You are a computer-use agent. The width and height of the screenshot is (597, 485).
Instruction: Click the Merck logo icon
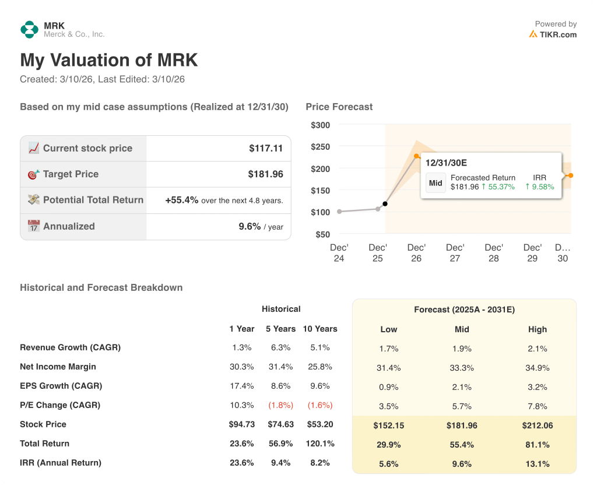[x=29, y=30]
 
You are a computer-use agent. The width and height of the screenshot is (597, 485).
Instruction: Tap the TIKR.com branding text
[x=557, y=34]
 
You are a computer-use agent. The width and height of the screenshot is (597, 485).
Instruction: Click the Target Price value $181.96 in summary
[x=265, y=174]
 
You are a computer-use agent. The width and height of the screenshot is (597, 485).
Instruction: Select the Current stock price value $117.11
[x=265, y=149]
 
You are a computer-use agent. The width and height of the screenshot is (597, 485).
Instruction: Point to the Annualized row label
[x=69, y=226]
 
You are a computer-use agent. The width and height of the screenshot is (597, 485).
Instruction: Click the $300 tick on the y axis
[x=320, y=125]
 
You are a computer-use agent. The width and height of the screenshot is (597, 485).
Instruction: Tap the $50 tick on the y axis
[x=322, y=234]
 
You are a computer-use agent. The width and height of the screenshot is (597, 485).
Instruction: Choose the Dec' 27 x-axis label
[x=455, y=253]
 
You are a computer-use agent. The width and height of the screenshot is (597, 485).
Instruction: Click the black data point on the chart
[x=385, y=204]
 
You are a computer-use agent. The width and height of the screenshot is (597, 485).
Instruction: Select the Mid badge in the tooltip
[x=436, y=182]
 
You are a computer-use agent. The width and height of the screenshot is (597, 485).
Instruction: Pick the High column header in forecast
[x=537, y=329]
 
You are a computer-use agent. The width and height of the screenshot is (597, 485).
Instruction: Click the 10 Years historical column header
[x=319, y=329]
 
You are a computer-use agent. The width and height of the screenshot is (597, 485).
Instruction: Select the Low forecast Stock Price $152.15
[x=388, y=426]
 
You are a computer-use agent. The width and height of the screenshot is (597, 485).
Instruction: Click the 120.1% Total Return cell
[x=319, y=444]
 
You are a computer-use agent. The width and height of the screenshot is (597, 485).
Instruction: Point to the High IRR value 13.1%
[x=537, y=464]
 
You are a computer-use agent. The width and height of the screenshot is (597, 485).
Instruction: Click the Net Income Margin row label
[x=58, y=367]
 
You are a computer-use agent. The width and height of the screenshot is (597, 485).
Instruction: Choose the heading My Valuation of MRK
[x=109, y=61]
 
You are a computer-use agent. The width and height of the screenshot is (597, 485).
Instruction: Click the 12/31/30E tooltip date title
[x=446, y=163]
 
